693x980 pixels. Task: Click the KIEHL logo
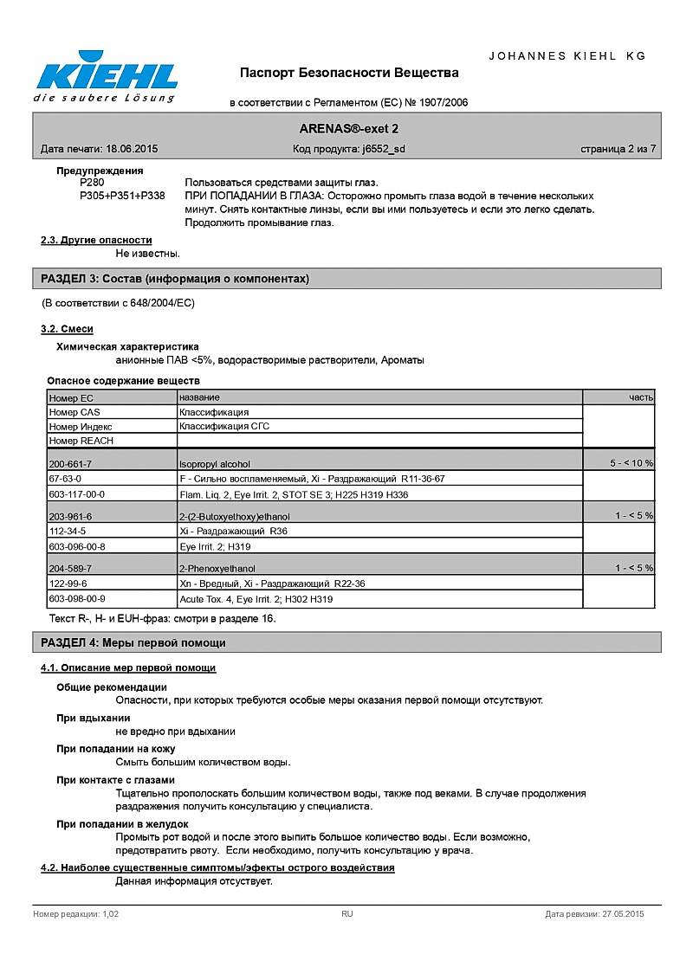[x=106, y=78]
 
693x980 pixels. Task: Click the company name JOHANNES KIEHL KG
[x=567, y=55]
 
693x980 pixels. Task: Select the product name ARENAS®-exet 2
[x=349, y=128]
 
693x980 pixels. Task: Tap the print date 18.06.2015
[x=132, y=149]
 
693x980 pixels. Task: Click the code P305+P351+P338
[x=122, y=196]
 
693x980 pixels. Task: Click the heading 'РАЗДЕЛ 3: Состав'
[x=175, y=279]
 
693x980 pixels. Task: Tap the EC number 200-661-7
[x=70, y=464]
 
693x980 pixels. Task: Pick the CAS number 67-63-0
[x=66, y=478]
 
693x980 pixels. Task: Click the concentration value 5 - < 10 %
[x=631, y=464]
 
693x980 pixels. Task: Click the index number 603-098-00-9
[x=77, y=598]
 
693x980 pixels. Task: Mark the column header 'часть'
[x=641, y=397]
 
